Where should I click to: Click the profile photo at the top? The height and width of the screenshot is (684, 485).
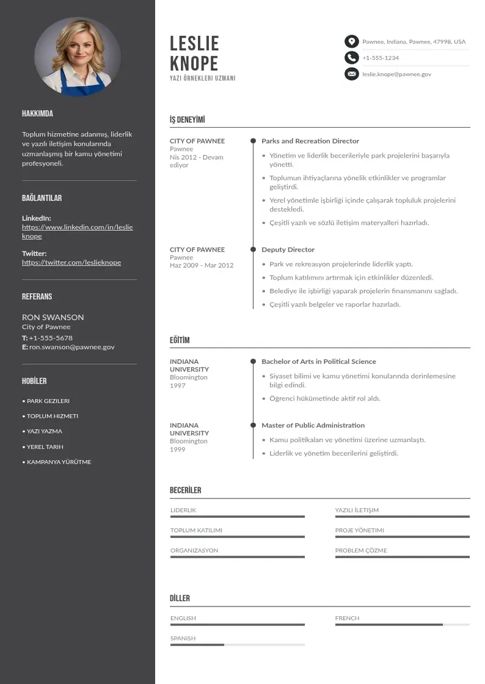pos(78,57)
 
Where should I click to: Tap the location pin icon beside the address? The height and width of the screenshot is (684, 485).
pos(351,42)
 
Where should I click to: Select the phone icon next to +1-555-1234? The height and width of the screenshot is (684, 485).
pos(351,57)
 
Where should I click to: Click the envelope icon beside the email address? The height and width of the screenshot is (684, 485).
pos(351,74)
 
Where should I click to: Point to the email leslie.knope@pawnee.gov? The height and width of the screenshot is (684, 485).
pos(396,74)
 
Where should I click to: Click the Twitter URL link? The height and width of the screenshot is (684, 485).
pos(71,263)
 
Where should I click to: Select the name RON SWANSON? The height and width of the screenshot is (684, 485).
pos(53,317)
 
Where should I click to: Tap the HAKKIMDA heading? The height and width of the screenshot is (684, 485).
pos(37,114)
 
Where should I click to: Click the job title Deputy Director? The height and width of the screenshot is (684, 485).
pos(288,250)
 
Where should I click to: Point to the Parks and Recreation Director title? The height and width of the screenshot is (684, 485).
pos(310,141)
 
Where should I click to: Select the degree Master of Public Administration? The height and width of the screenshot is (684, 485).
pos(313,426)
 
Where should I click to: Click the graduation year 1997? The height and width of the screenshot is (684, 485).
pos(178,386)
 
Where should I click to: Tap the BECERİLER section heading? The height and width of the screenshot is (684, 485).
pos(185,490)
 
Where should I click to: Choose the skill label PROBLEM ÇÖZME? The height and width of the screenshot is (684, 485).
pos(361,551)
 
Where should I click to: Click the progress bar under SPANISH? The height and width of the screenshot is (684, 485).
pos(237,645)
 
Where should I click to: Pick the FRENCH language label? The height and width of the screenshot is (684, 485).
pos(347,619)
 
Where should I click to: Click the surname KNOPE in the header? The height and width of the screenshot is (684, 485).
pos(194,63)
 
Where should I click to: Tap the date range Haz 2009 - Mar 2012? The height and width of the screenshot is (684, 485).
pos(202,266)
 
